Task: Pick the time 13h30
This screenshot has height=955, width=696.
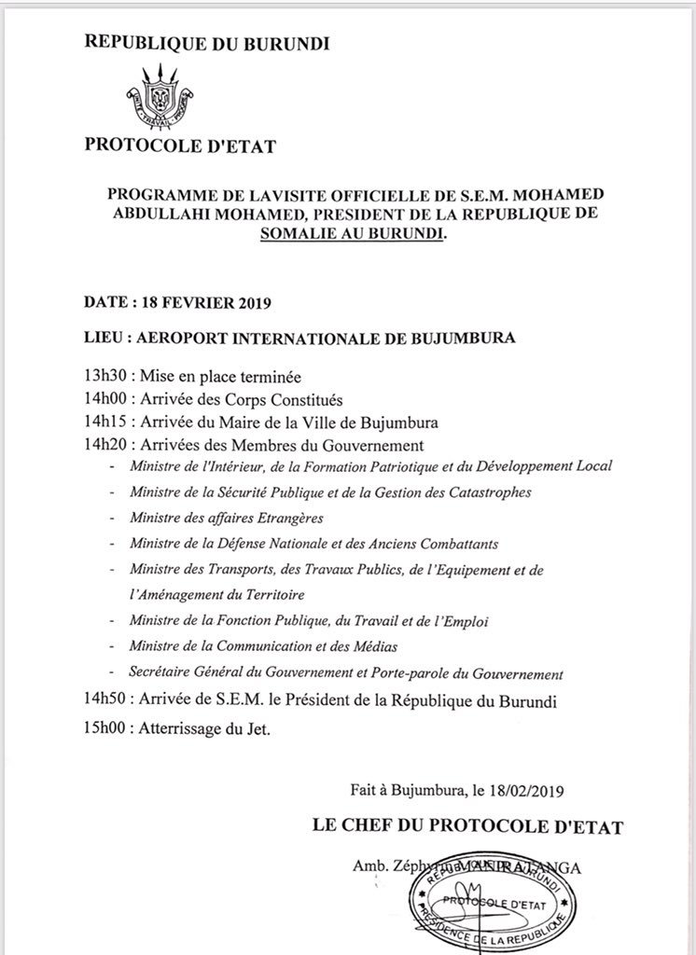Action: (x=104, y=378)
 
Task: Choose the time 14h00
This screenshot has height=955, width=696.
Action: (x=104, y=399)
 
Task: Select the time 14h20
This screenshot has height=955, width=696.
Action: (x=104, y=445)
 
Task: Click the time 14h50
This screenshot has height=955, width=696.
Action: (x=104, y=699)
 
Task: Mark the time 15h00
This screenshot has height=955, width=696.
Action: (x=104, y=729)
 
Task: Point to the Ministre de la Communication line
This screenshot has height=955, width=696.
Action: (x=263, y=645)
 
